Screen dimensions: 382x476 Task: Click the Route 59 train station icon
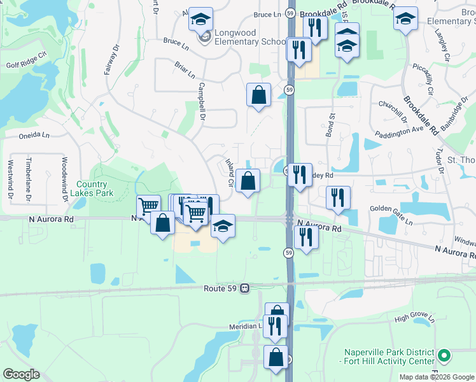coord(244,288)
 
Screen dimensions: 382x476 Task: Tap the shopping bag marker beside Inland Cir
coord(248,180)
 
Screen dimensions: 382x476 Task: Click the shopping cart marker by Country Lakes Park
coord(148,206)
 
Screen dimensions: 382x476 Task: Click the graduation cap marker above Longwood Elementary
coord(200,20)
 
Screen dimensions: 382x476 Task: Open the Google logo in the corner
coord(21,374)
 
